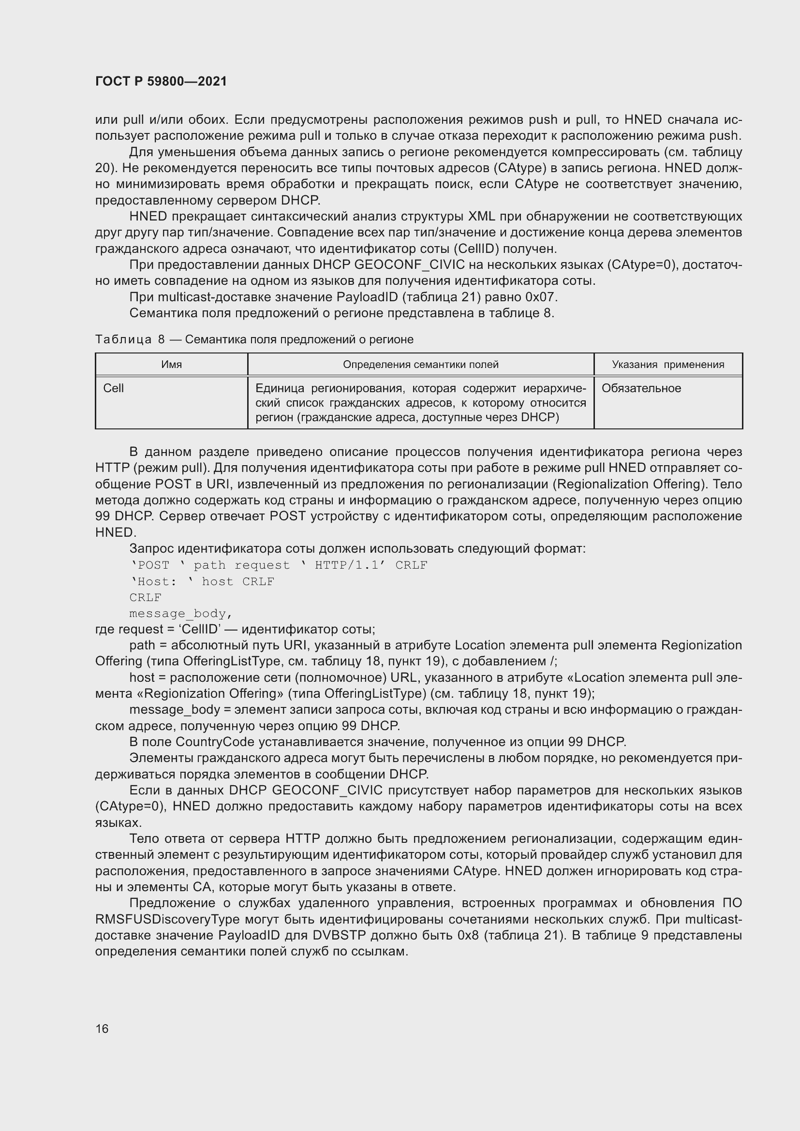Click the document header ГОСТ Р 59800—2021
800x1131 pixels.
click(x=161, y=81)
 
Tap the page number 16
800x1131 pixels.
click(x=102, y=1028)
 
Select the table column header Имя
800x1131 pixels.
click(x=171, y=365)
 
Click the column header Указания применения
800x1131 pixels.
click(x=667, y=365)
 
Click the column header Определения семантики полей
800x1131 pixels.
click(x=420, y=365)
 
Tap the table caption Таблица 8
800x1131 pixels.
click(x=130, y=339)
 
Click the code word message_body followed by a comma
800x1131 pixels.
click(x=180, y=613)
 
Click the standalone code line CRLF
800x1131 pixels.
click(x=145, y=598)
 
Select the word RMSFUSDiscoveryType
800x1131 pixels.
click(x=167, y=920)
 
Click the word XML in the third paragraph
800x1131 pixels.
click(x=481, y=216)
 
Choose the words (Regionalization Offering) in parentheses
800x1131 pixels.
click(x=629, y=484)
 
